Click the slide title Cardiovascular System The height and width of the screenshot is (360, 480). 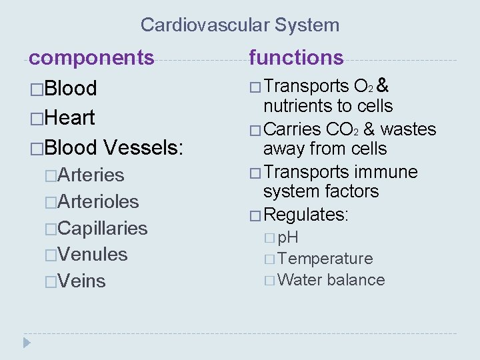pyautogui.click(x=240, y=25)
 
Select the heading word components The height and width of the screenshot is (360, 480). pyautogui.click(x=91, y=57)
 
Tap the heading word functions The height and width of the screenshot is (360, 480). pyautogui.click(x=296, y=58)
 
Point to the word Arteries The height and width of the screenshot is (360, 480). pyautogui.click(x=91, y=175)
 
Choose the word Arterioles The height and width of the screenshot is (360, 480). pyautogui.click(x=98, y=201)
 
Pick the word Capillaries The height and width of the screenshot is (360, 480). pyautogui.click(x=103, y=228)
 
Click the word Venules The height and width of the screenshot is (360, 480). pyautogui.click(x=93, y=254)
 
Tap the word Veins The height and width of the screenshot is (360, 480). pyautogui.click(x=82, y=281)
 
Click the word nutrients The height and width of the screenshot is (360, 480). pyautogui.click(x=301, y=106)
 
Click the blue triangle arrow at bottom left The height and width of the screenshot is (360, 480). pyautogui.click(x=27, y=343)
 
